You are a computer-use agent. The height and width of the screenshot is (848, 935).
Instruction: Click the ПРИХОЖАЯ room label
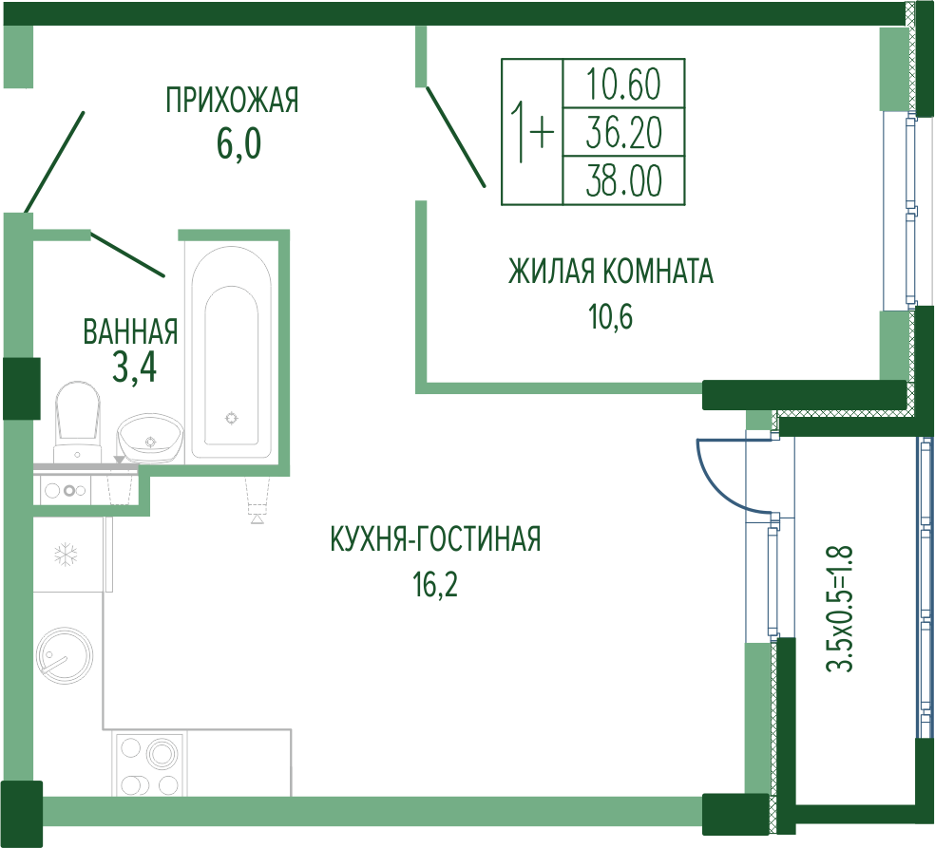[232, 100]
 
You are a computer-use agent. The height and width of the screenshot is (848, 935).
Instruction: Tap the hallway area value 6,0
[239, 144]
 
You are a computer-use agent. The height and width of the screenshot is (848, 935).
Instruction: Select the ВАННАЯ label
[130, 331]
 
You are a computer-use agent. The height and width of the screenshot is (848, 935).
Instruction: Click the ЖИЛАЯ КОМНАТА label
[611, 272]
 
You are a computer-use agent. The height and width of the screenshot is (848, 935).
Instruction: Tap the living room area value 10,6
[611, 316]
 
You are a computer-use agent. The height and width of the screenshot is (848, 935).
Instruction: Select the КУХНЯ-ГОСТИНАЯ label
[435, 538]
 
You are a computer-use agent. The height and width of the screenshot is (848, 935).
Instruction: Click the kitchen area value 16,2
[435, 585]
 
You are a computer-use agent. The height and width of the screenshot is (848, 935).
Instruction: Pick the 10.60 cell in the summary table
[623, 84]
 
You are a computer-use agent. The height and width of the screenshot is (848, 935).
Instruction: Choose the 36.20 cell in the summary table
[623, 132]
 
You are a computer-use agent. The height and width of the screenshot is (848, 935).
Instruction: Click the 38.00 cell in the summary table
[623, 180]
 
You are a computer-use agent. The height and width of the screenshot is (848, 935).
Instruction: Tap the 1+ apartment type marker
[532, 132]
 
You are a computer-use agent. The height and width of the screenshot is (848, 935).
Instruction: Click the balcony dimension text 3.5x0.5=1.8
[841, 608]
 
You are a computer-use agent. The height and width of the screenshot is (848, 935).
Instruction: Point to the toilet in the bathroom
[78, 422]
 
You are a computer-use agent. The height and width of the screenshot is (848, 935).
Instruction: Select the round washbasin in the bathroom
[151, 438]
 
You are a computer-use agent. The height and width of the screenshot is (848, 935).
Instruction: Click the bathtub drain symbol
[231, 419]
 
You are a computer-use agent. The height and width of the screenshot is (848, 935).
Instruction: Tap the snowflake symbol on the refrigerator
[67, 556]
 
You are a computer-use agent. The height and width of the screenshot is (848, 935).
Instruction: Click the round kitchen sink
[65, 655]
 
